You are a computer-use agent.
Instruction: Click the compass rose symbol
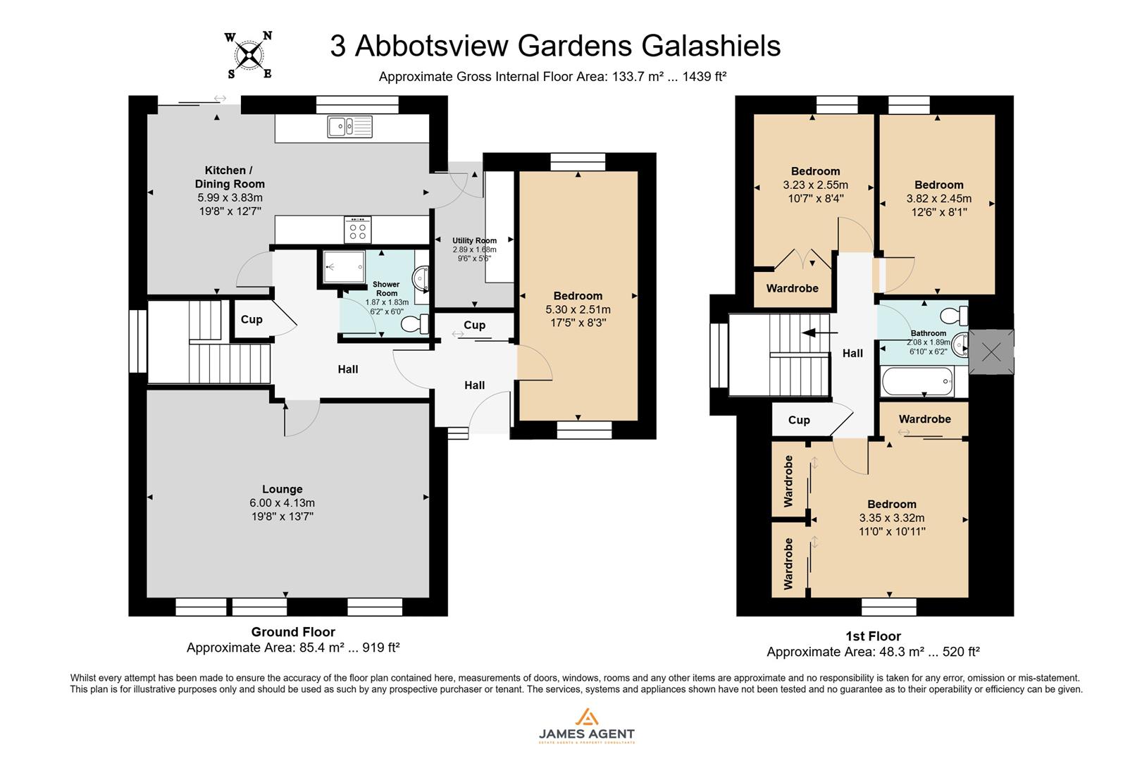pyautogui.click(x=249, y=55)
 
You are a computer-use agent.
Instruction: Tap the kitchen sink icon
pyautogui.click(x=349, y=127)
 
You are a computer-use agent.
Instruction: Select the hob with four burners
pyautogui.click(x=358, y=229)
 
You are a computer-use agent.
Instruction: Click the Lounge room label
pyautogui.click(x=282, y=489)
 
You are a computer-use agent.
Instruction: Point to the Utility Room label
pyautogui.click(x=474, y=240)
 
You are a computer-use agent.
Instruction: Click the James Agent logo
pyautogui.click(x=586, y=726)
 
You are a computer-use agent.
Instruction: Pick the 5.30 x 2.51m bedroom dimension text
pyautogui.click(x=578, y=309)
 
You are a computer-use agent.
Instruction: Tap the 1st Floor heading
pyautogui.click(x=873, y=636)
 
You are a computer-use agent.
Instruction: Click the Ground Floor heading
pyautogui.click(x=293, y=632)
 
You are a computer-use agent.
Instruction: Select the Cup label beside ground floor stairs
pyautogui.click(x=252, y=319)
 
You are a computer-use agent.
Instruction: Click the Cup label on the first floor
pyautogui.click(x=798, y=420)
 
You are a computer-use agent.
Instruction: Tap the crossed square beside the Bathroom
pyautogui.click(x=991, y=352)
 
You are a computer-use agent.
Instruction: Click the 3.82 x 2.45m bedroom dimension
pyautogui.click(x=938, y=199)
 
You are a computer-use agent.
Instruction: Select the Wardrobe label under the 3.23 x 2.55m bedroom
pyautogui.click(x=792, y=288)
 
